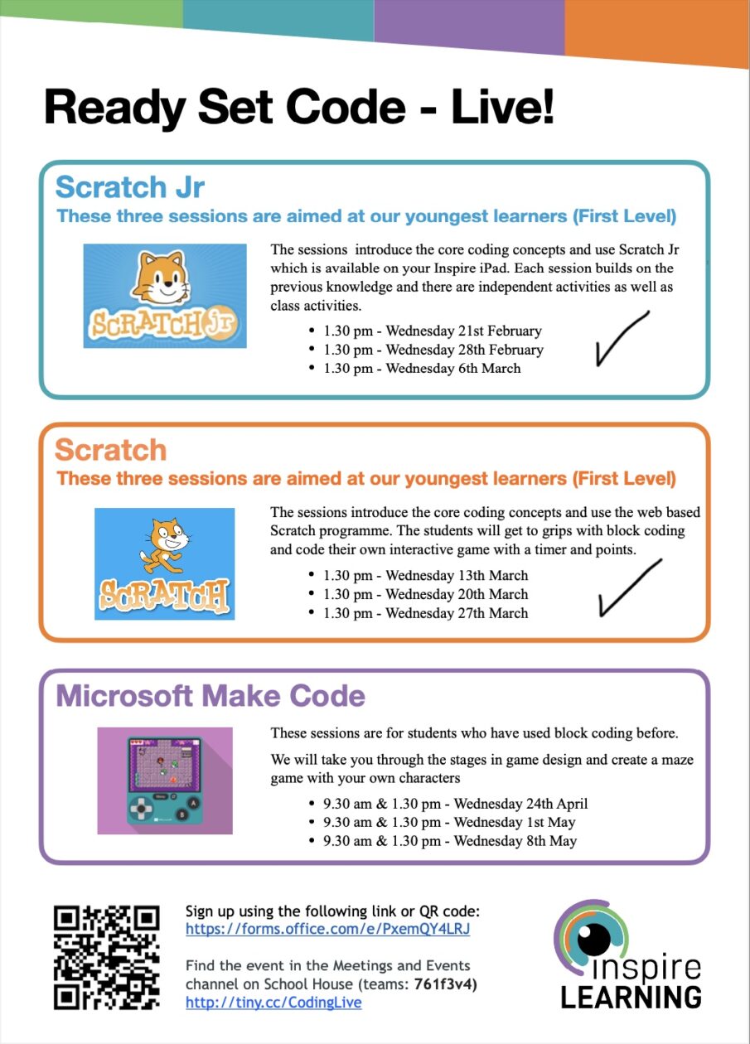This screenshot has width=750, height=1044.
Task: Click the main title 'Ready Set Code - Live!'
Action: coord(298,108)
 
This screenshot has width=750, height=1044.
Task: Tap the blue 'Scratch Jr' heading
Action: coord(129,186)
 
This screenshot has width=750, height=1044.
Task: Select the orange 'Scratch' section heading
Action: coord(110,450)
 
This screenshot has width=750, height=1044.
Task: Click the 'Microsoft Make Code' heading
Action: coord(210,695)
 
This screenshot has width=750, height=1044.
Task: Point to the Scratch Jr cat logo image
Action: coord(165,296)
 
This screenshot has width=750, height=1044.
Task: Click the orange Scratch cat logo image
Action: coord(164,563)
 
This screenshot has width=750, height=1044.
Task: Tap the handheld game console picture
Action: coord(164,780)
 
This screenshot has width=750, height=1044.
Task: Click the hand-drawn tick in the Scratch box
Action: coord(629,587)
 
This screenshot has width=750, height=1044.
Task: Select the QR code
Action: coord(106,957)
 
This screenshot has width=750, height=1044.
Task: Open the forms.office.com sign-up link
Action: coord(327,929)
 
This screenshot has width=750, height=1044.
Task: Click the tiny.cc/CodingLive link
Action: coord(273,1003)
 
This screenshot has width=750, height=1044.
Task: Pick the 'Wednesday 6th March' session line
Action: coord(422,368)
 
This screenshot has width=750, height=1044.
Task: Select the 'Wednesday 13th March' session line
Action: coord(426,575)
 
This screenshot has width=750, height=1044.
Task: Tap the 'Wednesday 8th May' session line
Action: coord(450,840)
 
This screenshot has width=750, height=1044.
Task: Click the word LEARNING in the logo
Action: coord(631,996)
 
